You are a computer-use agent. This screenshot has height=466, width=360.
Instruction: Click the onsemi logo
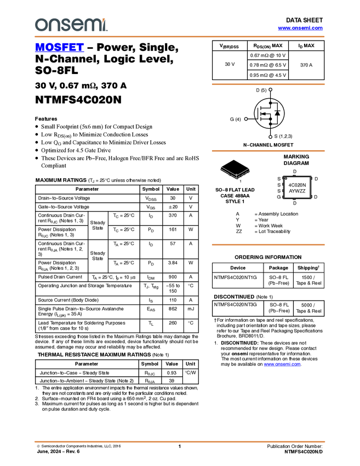[71, 25]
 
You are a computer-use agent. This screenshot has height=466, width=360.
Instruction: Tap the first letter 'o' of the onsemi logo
[40, 25]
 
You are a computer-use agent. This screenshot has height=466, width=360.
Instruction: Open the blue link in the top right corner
[300, 28]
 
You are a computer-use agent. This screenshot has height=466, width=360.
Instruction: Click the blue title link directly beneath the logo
[59, 48]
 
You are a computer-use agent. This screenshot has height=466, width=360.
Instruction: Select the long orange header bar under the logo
[179, 37]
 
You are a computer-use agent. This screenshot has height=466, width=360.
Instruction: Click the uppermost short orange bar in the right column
[268, 84]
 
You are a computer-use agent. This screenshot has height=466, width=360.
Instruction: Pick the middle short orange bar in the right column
[268, 151]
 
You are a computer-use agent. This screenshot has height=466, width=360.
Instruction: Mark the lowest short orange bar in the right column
[268, 245]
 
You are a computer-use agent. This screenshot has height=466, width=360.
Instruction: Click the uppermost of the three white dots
[270, 89]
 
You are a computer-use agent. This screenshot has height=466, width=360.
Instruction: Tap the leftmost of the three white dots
[246, 119]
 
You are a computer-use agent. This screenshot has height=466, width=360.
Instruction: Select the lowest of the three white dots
[271, 137]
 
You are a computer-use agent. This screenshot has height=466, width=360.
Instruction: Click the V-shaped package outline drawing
[235, 173]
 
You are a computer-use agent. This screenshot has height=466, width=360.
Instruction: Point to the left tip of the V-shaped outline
[221, 167]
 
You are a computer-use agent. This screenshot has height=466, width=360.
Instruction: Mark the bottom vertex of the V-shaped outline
[236, 178]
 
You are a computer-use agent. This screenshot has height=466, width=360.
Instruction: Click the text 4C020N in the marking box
[297, 185]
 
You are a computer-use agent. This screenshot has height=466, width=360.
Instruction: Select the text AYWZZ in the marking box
[297, 191]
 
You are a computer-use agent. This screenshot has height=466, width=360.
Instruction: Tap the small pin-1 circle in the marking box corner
[286, 178]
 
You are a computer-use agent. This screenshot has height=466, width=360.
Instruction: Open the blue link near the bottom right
[282, 365]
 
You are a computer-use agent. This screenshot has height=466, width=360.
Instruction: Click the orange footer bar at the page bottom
[179, 441]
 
